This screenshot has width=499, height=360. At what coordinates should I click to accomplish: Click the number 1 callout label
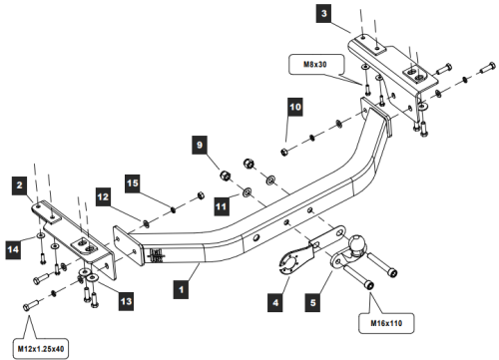pyautogui.click(x=181, y=289)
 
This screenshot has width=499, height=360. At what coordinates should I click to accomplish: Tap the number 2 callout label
pyautogui.click(x=20, y=184)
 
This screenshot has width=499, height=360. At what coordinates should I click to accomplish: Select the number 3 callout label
pyautogui.click(x=324, y=14)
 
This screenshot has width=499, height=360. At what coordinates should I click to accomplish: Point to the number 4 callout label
pyautogui.click(x=275, y=302)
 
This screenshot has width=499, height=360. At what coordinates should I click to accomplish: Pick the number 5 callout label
pyautogui.click(x=312, y=302)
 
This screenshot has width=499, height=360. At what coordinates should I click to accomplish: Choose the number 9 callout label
pyautogui.click(x=200, y=145)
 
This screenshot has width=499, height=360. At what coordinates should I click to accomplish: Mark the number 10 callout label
pyautogui.click(x=295, y=107)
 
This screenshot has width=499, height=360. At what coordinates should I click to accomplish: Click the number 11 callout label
pyautogui.click(x=221, y=206)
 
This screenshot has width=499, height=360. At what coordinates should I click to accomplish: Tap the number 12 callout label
pyautogui.click(x=103, y=196)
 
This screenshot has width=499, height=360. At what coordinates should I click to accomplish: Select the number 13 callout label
pyautogui.click(x=127, y=301)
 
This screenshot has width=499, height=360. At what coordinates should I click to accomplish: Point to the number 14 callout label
pyautogui.click(x=13, y=249)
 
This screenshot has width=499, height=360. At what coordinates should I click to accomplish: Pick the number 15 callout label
pyautogui.click(x=133, y=183)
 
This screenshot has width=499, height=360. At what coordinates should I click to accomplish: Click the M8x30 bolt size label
pyautogui.click(x=315, y=65)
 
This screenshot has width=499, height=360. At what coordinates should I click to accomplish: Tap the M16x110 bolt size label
pyautogui.click(x=386, y=323)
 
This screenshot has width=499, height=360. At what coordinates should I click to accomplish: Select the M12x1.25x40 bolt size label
pyautogui.click(x=41, y=349)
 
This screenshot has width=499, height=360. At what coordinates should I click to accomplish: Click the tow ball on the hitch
pyautogui.click(x=357, y=243)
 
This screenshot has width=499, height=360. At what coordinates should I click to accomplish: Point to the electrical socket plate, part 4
pyautogui.click(x=288, y=262)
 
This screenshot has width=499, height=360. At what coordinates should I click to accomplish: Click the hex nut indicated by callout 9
pyautogui.click(x=226, y=175)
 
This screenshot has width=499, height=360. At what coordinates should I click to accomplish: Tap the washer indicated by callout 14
pyautogui.click(x=40, y=235)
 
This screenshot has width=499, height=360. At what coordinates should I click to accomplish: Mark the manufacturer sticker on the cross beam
pyautogui.click(x=157, y=255)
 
